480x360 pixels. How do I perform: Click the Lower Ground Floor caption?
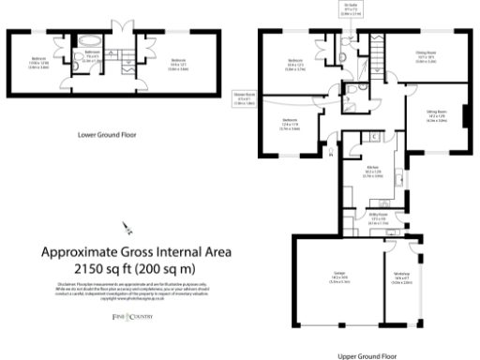point(107,135)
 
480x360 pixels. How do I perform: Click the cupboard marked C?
point(375,137)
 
